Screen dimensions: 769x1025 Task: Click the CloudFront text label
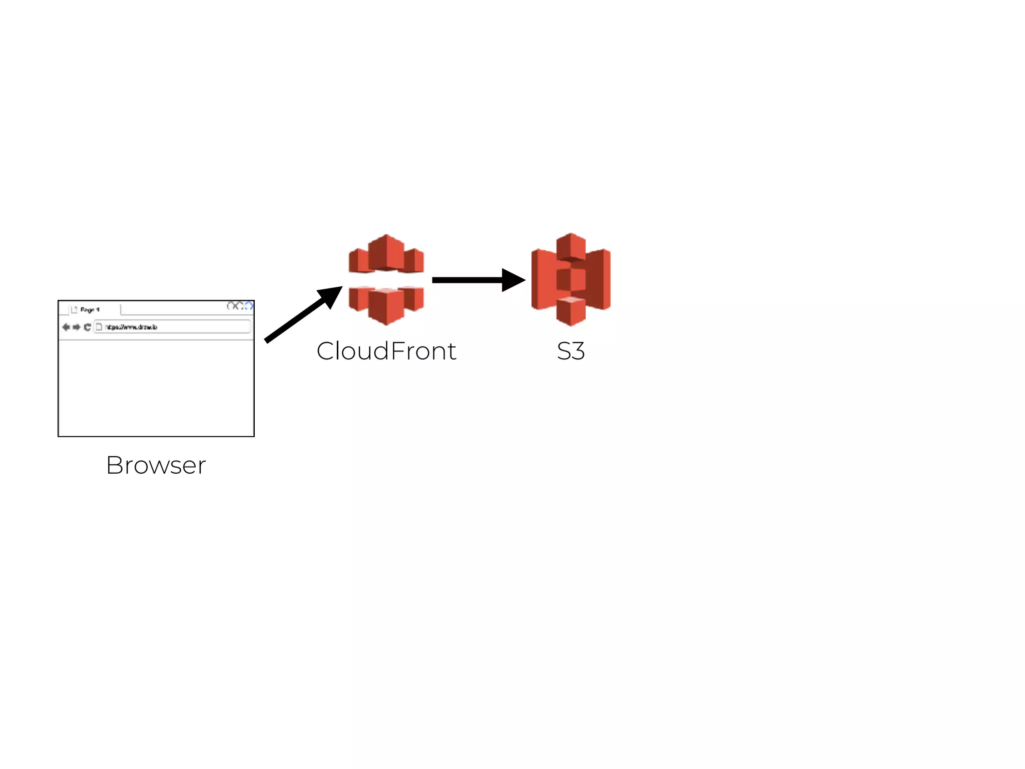pos(386,351)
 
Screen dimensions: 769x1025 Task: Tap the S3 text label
pos(571,351)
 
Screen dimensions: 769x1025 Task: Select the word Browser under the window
pos(156,465)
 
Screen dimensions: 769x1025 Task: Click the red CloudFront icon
pos(386,279)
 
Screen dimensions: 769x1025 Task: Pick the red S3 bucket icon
pos(571,279)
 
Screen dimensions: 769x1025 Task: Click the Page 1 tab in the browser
pos(90,309)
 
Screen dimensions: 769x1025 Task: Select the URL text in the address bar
pos(131,327)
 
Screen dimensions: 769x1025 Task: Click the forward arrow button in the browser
pos(76,327)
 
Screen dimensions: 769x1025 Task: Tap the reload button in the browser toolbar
pos(87,327)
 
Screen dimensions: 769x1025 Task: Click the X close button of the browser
pos(235,306)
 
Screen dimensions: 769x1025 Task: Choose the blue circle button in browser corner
pos(249,306)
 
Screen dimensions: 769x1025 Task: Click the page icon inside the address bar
pos(99,327)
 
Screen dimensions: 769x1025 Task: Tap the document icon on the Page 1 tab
pos(75,309)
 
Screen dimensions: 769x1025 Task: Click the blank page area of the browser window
pos(156,388)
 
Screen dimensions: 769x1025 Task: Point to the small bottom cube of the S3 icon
pos(571,311)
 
